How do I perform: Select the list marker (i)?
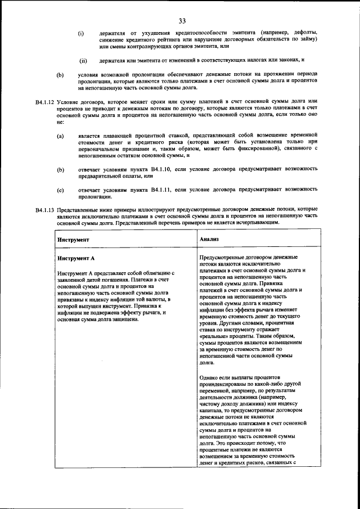(x=81, y=33)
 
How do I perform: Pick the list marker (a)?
(x=60, y=136)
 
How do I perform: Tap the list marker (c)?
(x=60, y=190)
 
